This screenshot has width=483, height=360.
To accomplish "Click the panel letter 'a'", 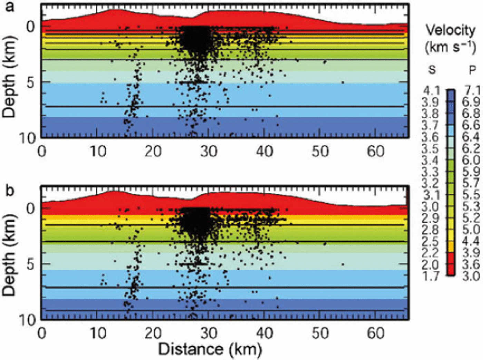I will (x=10, y=7).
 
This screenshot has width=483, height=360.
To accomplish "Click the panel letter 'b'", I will (x=10, y=191).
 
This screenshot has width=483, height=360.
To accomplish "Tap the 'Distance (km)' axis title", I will (x=209, y=349).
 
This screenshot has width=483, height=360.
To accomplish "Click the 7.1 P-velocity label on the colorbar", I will (x=471, y=91).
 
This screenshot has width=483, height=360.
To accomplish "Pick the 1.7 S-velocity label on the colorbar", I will (x=430, y=276).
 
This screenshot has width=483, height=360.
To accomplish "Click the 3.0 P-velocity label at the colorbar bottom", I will (x=471, y=276).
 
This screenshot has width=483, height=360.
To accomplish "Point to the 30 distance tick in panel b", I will (x=209, y=333).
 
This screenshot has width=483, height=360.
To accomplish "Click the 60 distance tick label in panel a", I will (x=375, y=151).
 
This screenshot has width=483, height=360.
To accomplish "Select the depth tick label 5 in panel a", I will (x=30, y=83).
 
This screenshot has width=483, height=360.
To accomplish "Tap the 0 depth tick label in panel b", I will (x=30, y=209).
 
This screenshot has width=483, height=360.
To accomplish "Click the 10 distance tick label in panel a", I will (x=98, y=151).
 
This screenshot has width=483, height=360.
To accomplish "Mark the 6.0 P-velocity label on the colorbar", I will (x=471, y=160).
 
